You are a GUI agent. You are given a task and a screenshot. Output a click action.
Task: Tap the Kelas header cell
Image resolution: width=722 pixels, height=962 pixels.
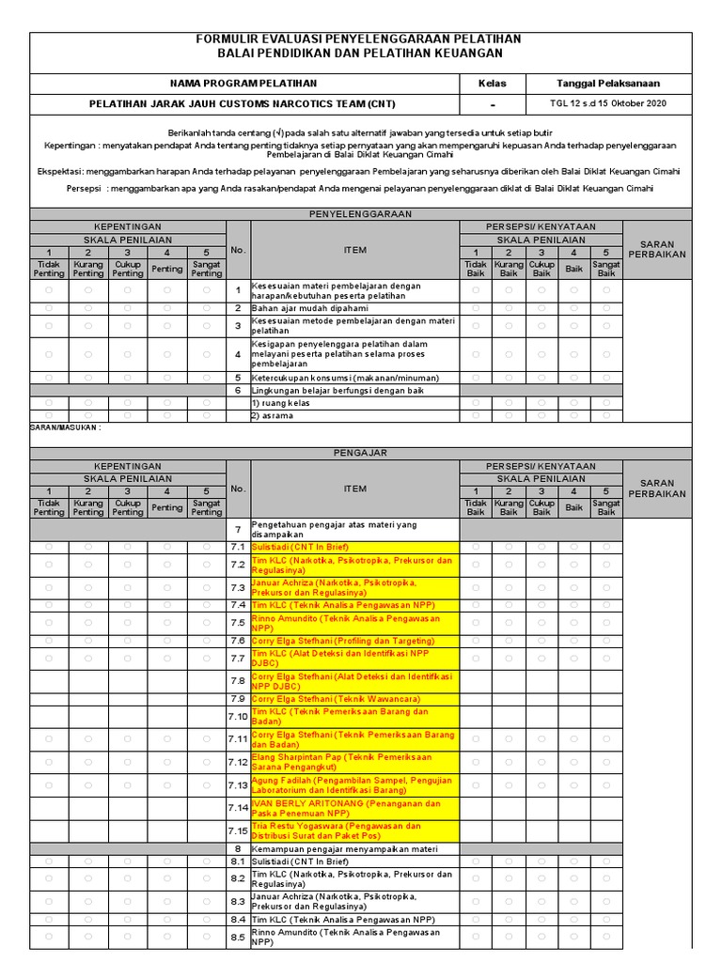(492, 84)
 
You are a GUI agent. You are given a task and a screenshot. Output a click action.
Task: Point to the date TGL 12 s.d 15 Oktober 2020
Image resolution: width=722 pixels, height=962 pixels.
(607, 103)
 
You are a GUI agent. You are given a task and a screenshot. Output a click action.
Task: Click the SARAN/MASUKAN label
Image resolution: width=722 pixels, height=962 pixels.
(66, 427)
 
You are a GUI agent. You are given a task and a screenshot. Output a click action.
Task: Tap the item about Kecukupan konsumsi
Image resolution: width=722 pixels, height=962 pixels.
(344, 377)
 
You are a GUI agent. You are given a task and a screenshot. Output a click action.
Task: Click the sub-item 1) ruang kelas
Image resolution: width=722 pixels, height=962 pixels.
(280, 403)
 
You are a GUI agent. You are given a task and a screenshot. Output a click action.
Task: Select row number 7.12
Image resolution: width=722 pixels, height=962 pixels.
(238, 762)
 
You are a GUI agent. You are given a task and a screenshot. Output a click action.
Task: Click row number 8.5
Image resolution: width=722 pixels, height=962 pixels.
(238, 937)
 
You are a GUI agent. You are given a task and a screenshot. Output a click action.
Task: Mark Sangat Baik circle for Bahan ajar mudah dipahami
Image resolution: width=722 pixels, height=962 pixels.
(606, 308)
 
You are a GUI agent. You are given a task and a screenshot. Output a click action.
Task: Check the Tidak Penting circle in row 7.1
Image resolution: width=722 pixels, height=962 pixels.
(49, 546)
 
